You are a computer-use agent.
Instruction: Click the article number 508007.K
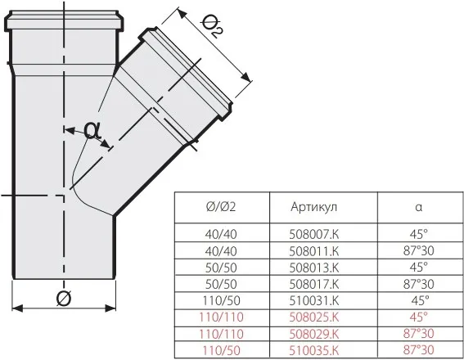314,234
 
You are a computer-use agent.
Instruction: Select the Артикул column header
313,207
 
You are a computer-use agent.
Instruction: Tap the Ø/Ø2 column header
221,207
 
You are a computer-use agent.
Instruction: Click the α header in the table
418,207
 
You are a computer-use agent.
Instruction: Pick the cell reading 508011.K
314,251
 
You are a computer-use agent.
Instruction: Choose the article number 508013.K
314,268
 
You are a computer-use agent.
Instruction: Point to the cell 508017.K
314,284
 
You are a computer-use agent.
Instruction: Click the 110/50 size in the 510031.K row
221,301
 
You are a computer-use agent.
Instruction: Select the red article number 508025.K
314,317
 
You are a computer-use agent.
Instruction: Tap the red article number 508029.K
314,334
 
